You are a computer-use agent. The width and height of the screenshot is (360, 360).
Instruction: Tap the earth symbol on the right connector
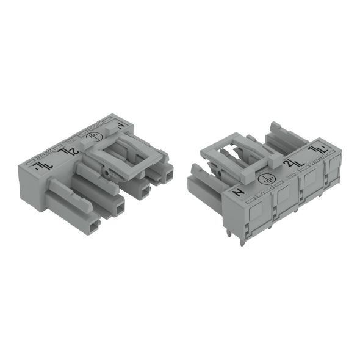click(x=264, y=178)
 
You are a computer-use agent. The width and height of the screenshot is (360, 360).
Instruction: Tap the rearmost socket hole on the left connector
click(x=165, y=177)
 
